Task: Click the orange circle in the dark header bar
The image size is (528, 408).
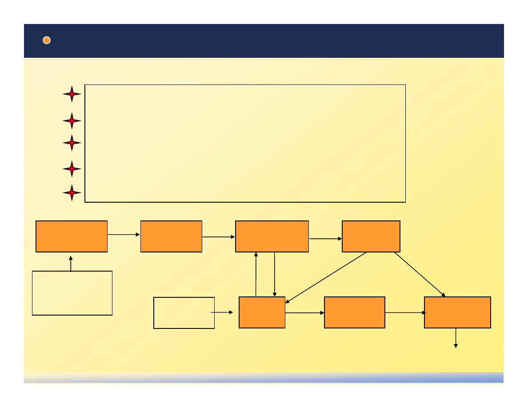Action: [47, 40]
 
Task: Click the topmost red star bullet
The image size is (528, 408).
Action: [72, 94]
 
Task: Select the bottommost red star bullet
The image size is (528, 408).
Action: [72, 192]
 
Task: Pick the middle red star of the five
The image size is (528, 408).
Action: [72, 143]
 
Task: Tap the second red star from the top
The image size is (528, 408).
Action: [72, 120]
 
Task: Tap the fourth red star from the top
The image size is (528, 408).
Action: [72, 169]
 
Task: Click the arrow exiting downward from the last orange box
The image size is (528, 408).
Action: [456, 338]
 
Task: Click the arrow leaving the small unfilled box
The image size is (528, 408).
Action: [221, 312]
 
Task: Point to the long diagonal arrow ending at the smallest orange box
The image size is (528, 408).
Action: [326, 277]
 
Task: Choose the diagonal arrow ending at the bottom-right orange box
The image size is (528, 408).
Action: [420, 274]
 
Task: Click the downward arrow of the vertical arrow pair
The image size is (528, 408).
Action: [275, 274]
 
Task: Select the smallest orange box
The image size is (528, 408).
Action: [262, 312]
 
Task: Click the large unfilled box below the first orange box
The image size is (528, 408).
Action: [72, 293]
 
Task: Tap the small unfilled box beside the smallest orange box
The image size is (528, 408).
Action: [184, 312]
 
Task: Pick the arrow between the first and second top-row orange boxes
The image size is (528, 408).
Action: [124, 234]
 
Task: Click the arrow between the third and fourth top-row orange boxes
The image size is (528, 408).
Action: [325, 239]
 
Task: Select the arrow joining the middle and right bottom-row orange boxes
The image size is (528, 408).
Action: [404, 312]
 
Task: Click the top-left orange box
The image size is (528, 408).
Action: [72, 236]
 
